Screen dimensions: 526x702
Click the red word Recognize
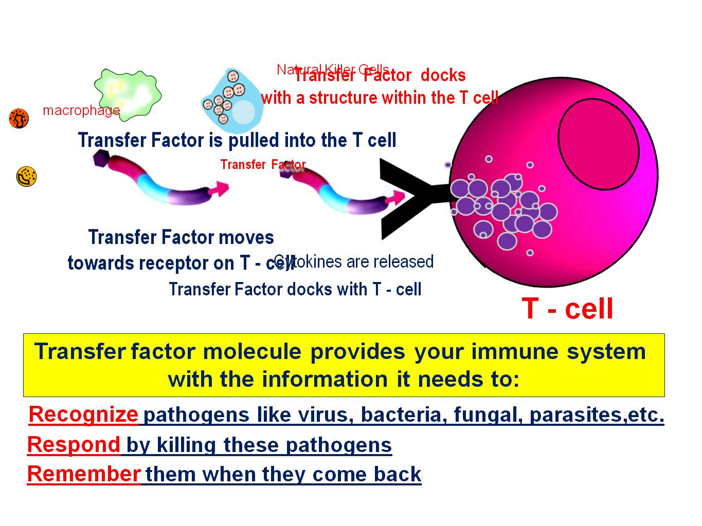tap(83, 414)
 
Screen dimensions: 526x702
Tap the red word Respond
tap(74, 444)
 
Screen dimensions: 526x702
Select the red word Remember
tap(84, 474)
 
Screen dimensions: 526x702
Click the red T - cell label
tap(567, 308)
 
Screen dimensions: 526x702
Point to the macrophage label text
tap(81, 110)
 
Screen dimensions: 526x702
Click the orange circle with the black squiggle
tap(19, 119)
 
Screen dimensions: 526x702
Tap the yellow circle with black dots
tap(26, 177)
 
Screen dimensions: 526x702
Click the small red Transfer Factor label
tap(263, 164)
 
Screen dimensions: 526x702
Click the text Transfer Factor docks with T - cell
tap(295, 289)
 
